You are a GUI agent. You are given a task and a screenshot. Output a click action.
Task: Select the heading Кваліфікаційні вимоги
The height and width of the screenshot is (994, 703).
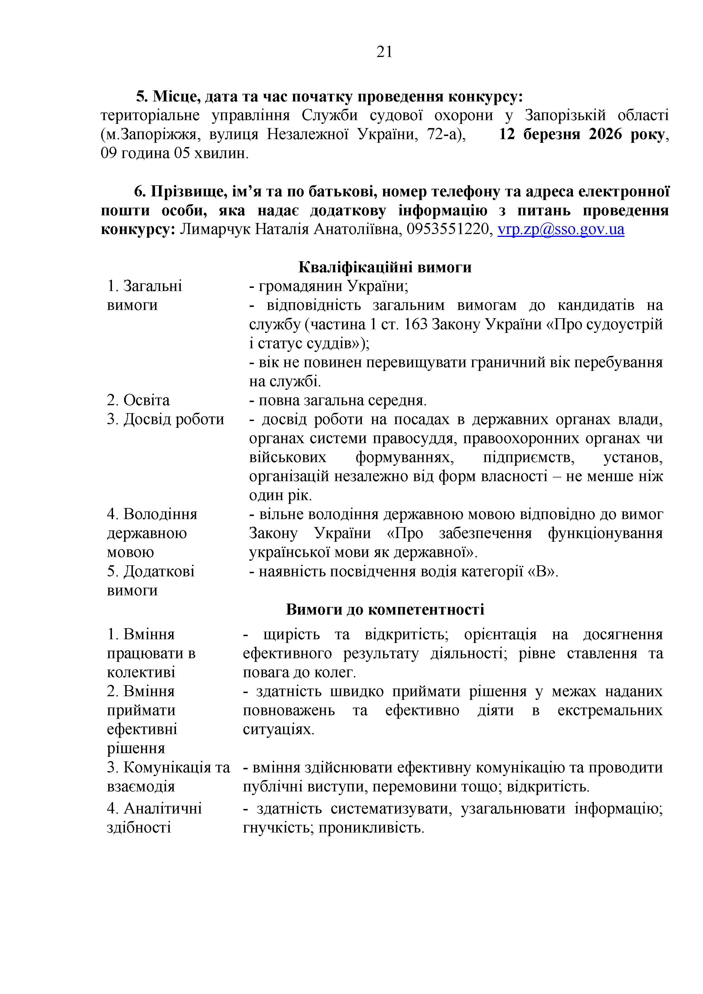385,267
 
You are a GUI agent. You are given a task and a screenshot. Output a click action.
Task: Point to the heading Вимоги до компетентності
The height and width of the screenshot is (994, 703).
385,609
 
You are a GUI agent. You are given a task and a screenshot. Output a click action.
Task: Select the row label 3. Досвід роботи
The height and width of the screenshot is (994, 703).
165,419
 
